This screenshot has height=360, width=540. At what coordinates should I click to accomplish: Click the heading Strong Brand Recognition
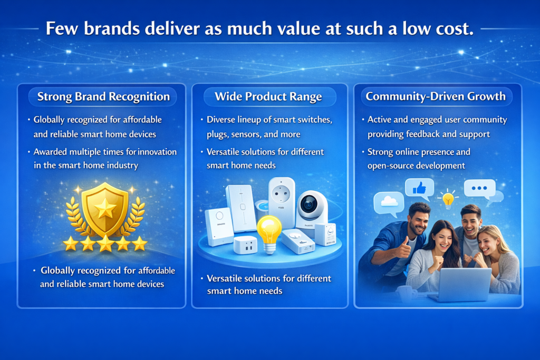(x=103, y=96)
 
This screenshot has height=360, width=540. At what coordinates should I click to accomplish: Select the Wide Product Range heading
(x=268, y=96)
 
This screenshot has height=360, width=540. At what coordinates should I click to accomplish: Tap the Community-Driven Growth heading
(x=436, y=96)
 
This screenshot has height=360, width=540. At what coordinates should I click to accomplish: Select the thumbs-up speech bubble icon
(x=419, y=188)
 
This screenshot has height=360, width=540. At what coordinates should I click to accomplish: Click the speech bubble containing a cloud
(x=388, y=202)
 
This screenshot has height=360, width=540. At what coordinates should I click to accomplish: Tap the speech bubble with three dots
(x=479, y=188)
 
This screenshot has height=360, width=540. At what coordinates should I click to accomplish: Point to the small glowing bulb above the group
(x=448, y=199)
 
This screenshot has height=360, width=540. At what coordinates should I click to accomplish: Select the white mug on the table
(x=406, y=293)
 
